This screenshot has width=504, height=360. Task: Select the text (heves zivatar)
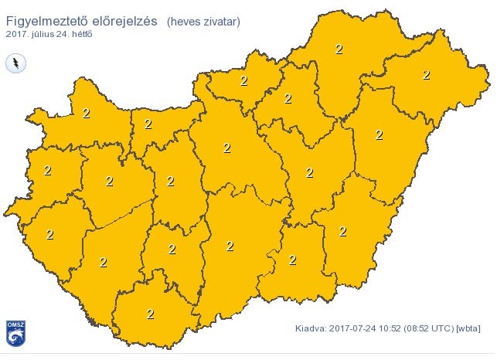203,23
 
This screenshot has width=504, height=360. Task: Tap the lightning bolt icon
15,63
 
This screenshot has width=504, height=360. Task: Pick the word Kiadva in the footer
311,328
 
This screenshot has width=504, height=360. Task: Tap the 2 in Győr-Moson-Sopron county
86,114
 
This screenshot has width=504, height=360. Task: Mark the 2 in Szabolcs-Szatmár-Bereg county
426,75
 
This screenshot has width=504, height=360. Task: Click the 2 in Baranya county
150,314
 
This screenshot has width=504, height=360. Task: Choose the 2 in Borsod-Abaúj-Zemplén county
339,49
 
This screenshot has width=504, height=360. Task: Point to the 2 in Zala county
50,234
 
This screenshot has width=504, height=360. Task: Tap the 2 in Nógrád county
243,80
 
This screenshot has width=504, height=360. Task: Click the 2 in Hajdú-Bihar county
379,134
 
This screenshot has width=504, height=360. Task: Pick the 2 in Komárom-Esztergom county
148,124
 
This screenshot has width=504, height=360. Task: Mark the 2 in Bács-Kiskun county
230,246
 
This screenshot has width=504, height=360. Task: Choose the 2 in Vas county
48,170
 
